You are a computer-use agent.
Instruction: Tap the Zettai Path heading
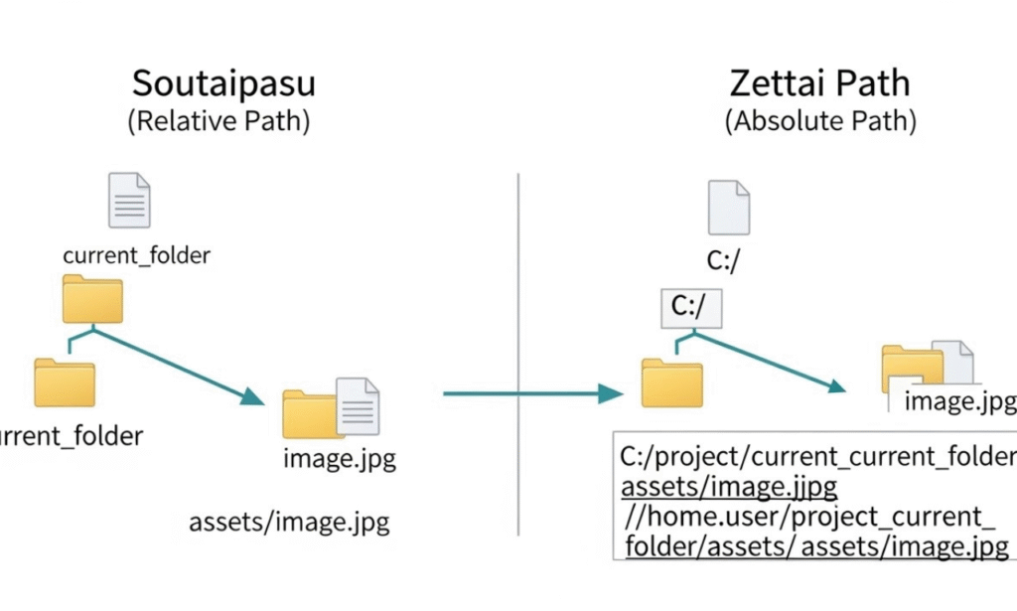[x=819, y=82]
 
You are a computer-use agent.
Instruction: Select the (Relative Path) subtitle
[x=218, y=122]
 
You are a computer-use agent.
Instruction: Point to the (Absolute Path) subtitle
[x=820, y=122]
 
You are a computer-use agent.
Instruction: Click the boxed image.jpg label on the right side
[x=957, y=401]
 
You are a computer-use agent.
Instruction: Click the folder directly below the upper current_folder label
[x=92, y=299]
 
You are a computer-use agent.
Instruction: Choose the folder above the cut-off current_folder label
[x=65, y=382]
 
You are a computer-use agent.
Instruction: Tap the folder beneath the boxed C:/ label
[x=671, y=382]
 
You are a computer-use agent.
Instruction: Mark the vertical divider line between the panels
[x=518, y=348]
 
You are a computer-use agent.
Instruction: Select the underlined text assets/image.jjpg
[x=729, y=488]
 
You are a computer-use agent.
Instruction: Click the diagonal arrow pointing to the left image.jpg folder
[x=179, y=365]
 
